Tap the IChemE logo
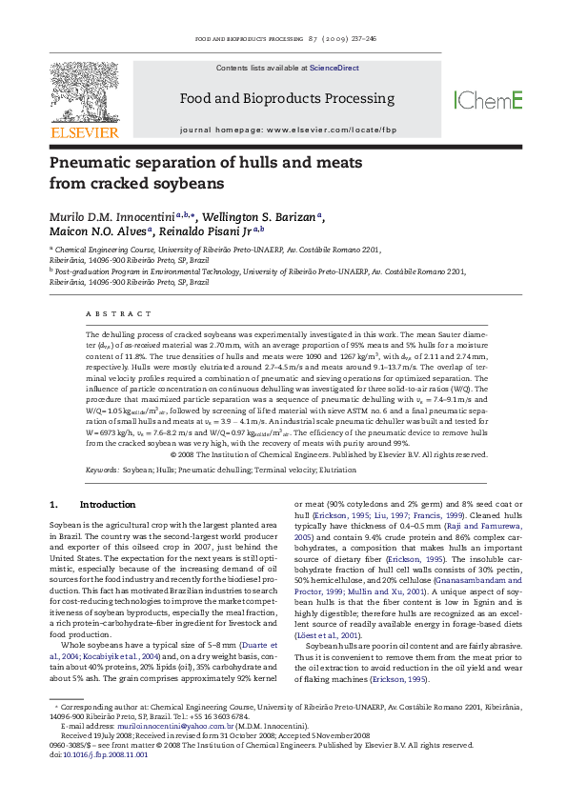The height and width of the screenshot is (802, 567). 488,99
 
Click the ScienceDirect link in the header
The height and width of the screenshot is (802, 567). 334,69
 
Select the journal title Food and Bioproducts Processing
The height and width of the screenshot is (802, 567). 274,99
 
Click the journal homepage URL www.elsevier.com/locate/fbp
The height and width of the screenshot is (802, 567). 324,129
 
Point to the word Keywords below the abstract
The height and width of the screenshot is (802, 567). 102,470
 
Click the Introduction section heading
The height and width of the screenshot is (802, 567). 108,504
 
